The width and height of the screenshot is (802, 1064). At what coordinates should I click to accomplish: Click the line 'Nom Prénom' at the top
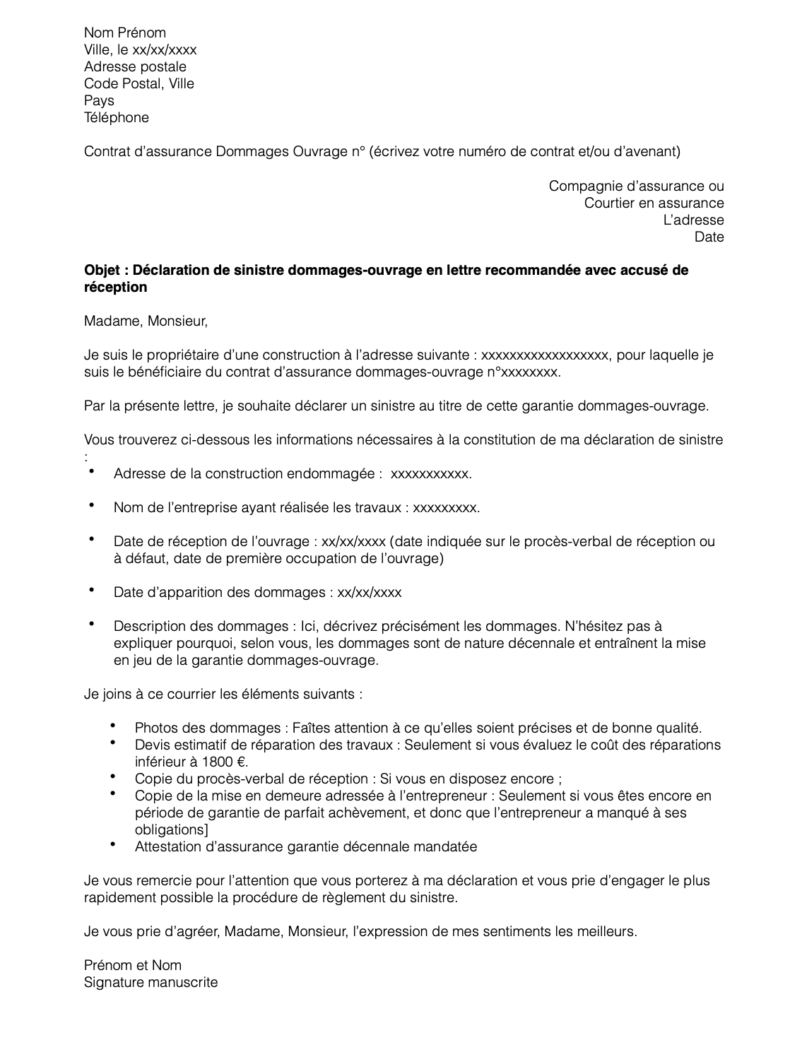125,33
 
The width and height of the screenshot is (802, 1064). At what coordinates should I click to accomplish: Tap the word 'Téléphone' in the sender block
117,118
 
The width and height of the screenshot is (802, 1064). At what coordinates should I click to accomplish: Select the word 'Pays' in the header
99,101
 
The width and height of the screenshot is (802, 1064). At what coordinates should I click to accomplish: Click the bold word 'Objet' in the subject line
102,271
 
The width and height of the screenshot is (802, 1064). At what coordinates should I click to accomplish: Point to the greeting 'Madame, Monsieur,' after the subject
146,321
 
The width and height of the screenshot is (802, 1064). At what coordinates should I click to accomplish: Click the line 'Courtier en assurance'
654,203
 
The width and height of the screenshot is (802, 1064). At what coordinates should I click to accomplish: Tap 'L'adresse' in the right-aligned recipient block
693,220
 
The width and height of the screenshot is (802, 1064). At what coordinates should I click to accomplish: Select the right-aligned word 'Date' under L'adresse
709,237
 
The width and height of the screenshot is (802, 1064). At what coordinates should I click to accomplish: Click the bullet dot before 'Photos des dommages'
114,726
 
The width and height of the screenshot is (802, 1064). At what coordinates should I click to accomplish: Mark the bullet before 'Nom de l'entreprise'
92,504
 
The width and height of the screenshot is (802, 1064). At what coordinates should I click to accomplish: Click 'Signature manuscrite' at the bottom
151,983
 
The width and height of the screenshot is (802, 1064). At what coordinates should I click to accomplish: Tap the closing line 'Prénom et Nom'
133,966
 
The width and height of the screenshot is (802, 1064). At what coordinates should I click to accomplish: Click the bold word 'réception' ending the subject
116,288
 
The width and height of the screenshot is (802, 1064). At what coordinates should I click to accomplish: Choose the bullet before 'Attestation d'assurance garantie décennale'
114,844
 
